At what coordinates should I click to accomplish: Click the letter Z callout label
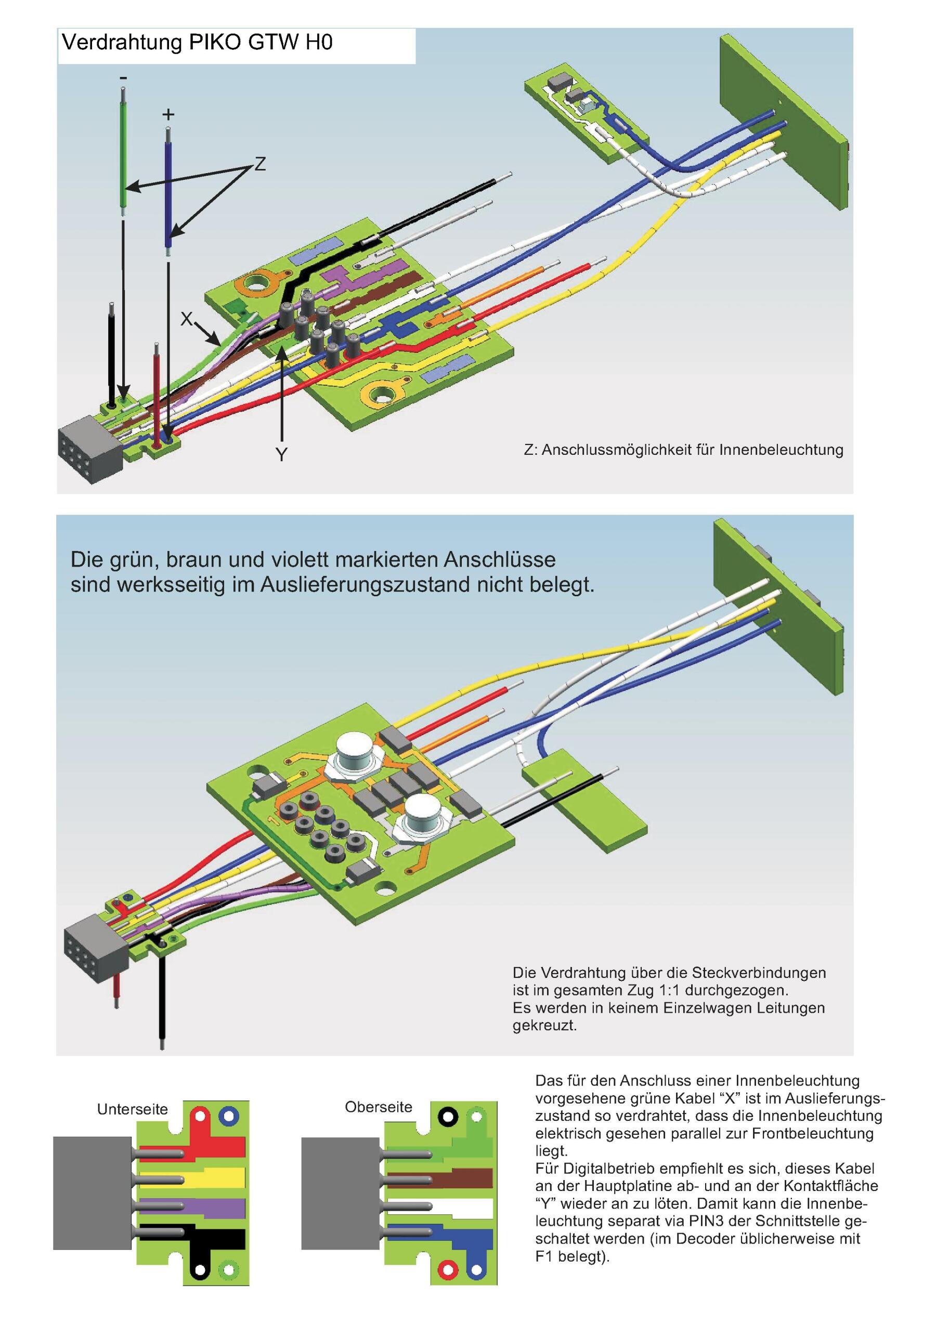[x=260, y=165]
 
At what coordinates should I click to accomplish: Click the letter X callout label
[x=186, y=319]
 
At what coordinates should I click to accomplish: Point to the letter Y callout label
[x=281, y=455]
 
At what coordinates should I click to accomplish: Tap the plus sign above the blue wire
[x=168, y=115]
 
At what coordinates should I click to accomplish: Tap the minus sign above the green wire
[x=123, y=78]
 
